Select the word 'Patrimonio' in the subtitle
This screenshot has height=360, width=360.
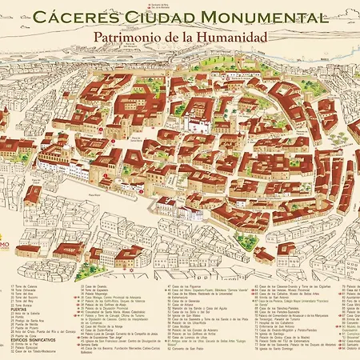click(131, 37)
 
